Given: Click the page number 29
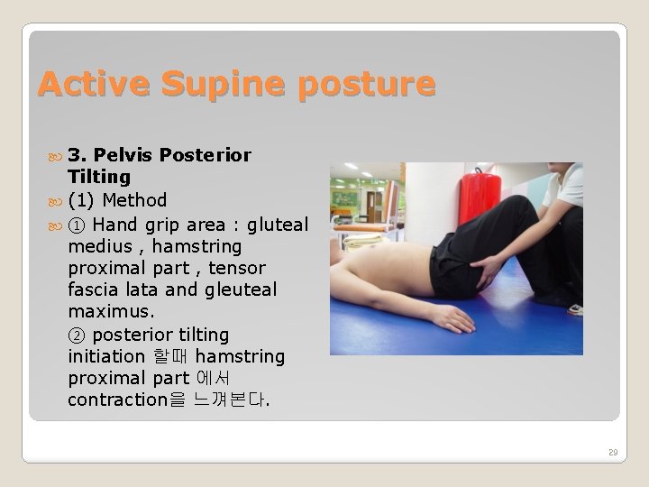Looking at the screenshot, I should (613, 453).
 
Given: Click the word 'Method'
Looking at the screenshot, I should (134, 199).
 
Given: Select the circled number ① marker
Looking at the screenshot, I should (77, 223).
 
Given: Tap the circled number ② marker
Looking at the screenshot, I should (77, 334).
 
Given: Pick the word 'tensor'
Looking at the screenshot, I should (237, 268).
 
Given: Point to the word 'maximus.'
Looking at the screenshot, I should (112, 311).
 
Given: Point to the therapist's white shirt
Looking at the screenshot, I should (566, 184).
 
